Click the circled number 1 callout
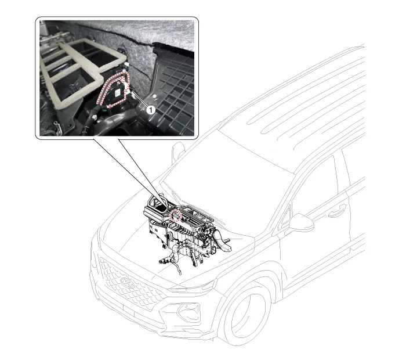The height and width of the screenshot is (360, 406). [x=150, y=110]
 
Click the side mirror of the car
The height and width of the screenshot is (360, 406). [x=301, y=222]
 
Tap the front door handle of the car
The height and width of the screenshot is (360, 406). [x=337, y=210]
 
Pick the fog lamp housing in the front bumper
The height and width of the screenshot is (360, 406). [x=189, y=312]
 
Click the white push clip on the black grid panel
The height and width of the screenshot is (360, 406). [x=155, y=96]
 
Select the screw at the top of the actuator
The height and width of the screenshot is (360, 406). [x=119, y=83]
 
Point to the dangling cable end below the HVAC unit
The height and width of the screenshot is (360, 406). [x=180, y=272]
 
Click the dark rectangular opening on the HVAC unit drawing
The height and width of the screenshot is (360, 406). [x=160, y=207]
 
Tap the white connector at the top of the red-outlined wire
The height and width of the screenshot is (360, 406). [x=126, y=64]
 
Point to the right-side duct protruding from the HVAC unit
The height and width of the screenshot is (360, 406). [x=223, y=242]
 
